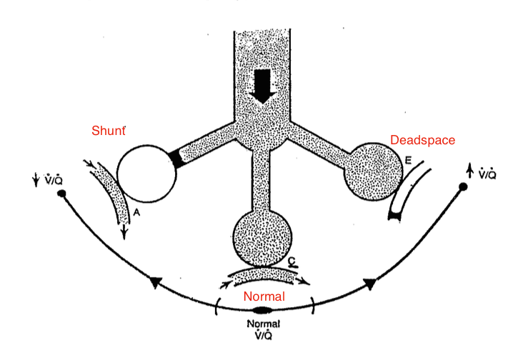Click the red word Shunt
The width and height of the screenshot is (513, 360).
[108, 131]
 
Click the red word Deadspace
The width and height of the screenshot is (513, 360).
[422, 140]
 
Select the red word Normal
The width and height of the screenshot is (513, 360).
[265, 296]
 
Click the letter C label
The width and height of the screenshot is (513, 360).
[292, 262]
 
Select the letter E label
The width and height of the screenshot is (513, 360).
[407, 162]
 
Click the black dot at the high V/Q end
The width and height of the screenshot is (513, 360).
[463, 186]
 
